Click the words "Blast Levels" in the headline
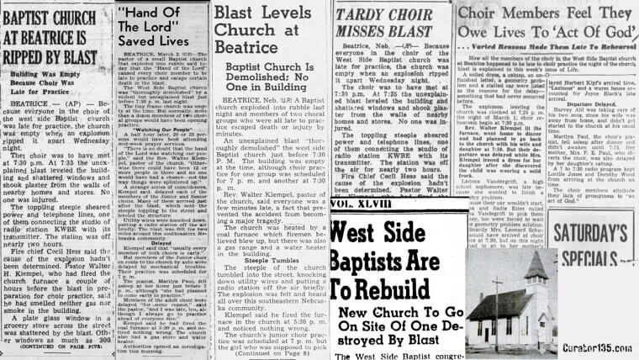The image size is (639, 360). pos(267,13)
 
